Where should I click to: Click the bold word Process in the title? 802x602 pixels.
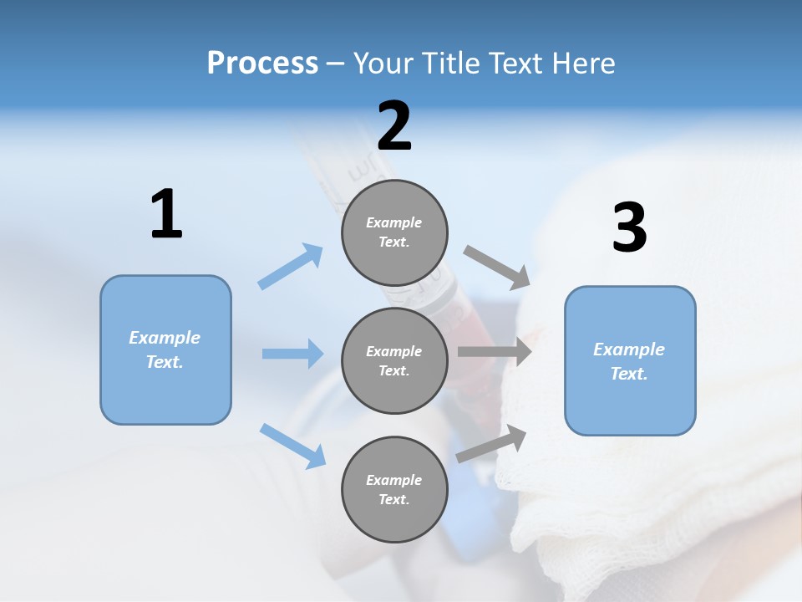pyautogui.click(x=262, y=63)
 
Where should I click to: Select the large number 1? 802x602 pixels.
pyautogui.click(x=166, y=215)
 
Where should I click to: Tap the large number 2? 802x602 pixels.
pyautogui.click(x=394, y=126)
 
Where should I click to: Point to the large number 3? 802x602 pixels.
pyautogui.click(x=629, y=227)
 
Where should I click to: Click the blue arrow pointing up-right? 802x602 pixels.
pyautogui.click(x=291, y=266)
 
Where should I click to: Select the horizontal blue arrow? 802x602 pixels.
pyautogui.click(x=292, y=354)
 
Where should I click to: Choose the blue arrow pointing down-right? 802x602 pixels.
pyautogui.click(x=292, y=445)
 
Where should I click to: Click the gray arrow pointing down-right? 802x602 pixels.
pyautogui.click(x=497, y=268)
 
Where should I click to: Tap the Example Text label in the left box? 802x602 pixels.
pyautogui.click(x=165, y=349)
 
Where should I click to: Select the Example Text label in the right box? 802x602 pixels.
pyautogui.click(x=629, y=361)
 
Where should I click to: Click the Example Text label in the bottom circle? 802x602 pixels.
pyautogui.click(x=393, y=489)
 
